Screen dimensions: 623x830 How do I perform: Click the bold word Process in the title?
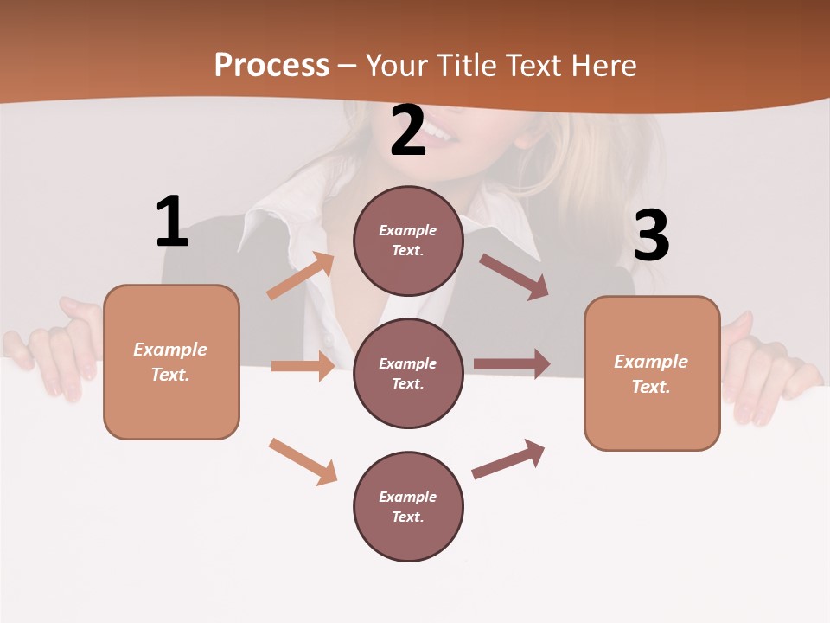tap(271, 65)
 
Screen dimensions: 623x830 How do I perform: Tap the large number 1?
tap(172, 222)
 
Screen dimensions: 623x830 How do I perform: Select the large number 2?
tap(408, 131)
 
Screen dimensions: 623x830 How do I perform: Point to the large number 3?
tap(651, 235)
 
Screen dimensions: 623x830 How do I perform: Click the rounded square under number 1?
tap(171, 362)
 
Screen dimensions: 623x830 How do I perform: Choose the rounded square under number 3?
tap(652, 373)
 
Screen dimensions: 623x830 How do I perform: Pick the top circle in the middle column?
tap(408, 241)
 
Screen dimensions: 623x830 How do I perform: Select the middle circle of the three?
tap(408, 373)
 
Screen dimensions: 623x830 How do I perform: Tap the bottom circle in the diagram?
tap(408, 506)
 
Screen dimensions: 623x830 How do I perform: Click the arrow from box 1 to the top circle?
tap(300, 276)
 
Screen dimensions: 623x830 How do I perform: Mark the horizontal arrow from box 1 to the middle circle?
tap(303, 366)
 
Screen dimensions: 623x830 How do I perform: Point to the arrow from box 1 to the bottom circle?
tap(303, 461)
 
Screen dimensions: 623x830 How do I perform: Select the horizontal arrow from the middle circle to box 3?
tap(512, 363)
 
